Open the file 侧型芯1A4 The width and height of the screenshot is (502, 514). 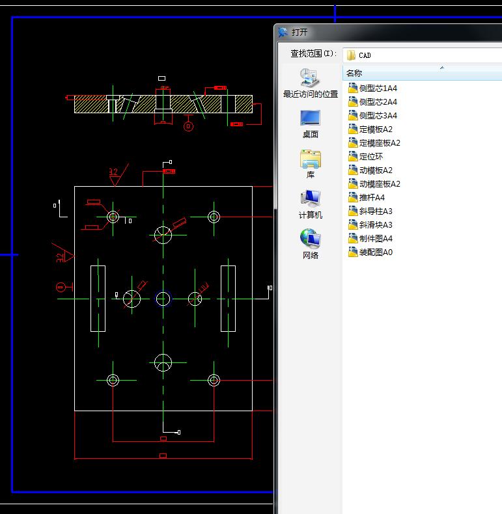click(378, 88)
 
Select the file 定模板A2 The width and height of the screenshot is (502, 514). click(376, 129)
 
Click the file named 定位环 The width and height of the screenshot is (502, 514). click(370, 156)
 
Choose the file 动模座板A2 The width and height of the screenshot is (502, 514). click(380, 183)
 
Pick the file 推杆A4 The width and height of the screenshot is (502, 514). click(372, 197)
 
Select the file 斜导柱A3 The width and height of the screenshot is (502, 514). click(376, 211)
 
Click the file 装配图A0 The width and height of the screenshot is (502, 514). click(376, 252)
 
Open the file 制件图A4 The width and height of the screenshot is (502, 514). click(376, 238)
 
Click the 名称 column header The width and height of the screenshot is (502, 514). click(354, 73)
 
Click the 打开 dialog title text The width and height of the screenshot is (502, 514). click(300, 32)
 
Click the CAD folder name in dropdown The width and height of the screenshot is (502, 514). click(365, 55)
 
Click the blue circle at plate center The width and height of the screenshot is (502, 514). click(163, 299)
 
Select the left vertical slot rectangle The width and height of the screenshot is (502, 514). click(98, 299)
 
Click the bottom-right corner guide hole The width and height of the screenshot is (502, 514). click(213, 380)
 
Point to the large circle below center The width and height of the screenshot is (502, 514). click(163, 362)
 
